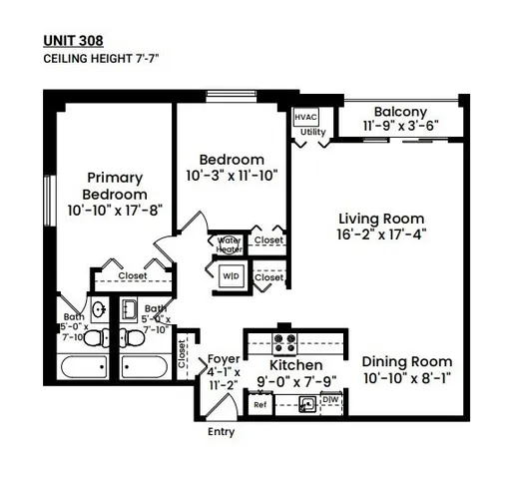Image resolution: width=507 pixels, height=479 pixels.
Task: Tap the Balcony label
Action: tap(400, 112)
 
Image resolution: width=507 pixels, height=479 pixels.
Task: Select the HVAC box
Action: tap(305, 117)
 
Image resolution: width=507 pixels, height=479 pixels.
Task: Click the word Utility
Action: tap(312, 132)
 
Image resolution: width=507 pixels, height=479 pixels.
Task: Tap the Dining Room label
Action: tap(406, 361)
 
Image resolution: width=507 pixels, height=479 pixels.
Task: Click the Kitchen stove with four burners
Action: tap(283, 344)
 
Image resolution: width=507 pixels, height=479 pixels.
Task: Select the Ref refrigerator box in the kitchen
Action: tap(259, 404)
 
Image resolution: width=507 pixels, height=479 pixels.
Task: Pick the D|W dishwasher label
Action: tap(332, 401)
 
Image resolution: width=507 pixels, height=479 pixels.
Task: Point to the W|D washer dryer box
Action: tap(230, 275)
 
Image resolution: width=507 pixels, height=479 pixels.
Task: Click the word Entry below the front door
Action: tap(222, 433)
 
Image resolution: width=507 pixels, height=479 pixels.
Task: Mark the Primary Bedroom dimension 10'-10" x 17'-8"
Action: tap(116, 212)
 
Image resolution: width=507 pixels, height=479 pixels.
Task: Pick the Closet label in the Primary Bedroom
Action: tap(133, 276)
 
